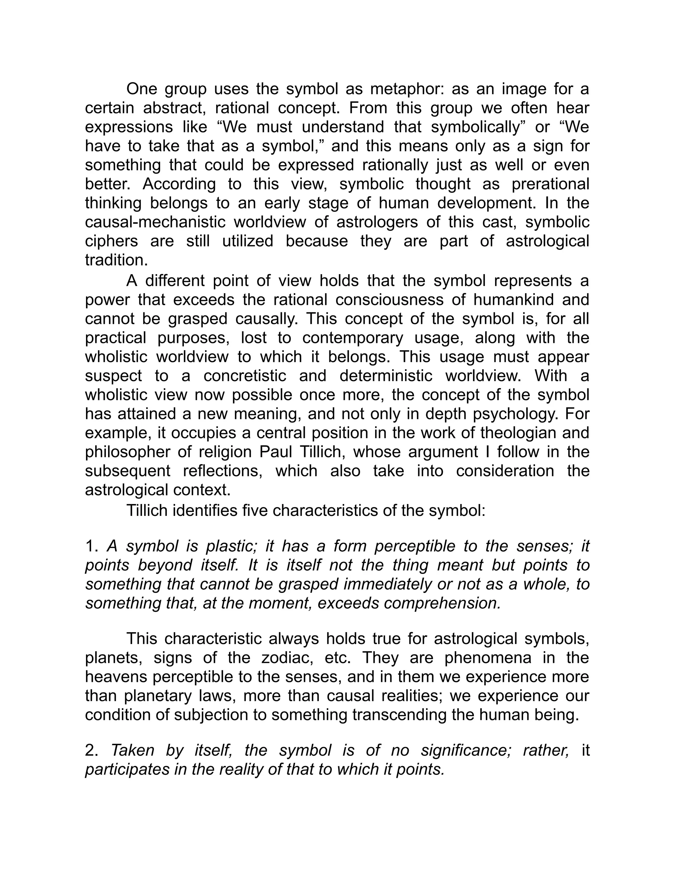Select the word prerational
[550, 184]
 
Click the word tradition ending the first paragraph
[116, 260]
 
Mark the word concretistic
[245, 376]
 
